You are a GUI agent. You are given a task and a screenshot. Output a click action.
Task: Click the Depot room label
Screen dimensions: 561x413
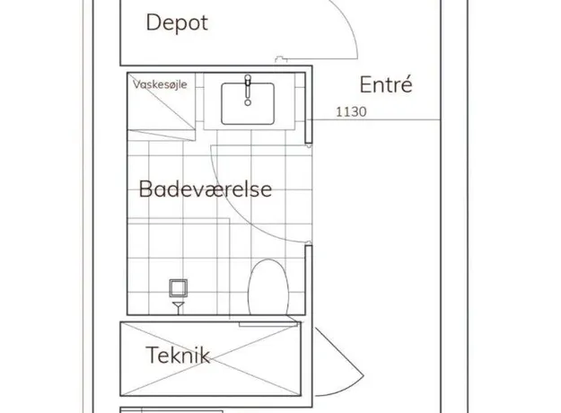coord(177,23)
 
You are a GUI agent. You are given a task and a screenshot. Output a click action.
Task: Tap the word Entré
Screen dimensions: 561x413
coord(386,84)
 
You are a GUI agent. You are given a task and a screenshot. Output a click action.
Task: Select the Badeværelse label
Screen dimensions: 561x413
coord(206,189)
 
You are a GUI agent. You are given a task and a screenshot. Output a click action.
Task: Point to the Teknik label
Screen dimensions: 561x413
coord(178,355)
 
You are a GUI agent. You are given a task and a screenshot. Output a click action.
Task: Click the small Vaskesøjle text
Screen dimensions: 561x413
coord(160,84)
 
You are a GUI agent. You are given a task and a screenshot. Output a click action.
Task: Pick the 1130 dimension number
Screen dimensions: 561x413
coord(351,112)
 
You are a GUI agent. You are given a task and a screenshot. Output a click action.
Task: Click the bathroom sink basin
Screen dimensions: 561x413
coord(248,104)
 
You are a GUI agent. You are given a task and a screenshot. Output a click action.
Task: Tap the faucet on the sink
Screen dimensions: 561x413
coord(248,90)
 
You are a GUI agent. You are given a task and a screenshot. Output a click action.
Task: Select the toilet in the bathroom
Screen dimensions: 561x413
coord(268,287)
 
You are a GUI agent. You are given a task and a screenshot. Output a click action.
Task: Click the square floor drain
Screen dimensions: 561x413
coord(179,288)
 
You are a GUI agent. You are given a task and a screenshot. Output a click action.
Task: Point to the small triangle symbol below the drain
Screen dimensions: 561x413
coord(179,305)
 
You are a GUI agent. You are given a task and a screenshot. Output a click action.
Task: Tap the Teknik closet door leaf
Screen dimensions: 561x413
coord(339,352)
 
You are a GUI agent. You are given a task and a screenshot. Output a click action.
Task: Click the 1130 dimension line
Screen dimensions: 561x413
coord(376,119)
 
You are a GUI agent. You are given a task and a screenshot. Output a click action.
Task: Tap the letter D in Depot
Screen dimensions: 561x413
coord(153,22)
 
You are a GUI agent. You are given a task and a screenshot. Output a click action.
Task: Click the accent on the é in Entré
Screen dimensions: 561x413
coord(408,77)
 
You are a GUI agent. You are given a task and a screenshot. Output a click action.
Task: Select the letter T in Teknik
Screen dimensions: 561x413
coord(153,355)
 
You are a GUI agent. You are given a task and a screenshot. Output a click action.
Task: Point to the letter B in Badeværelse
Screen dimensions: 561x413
coord(145,189)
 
